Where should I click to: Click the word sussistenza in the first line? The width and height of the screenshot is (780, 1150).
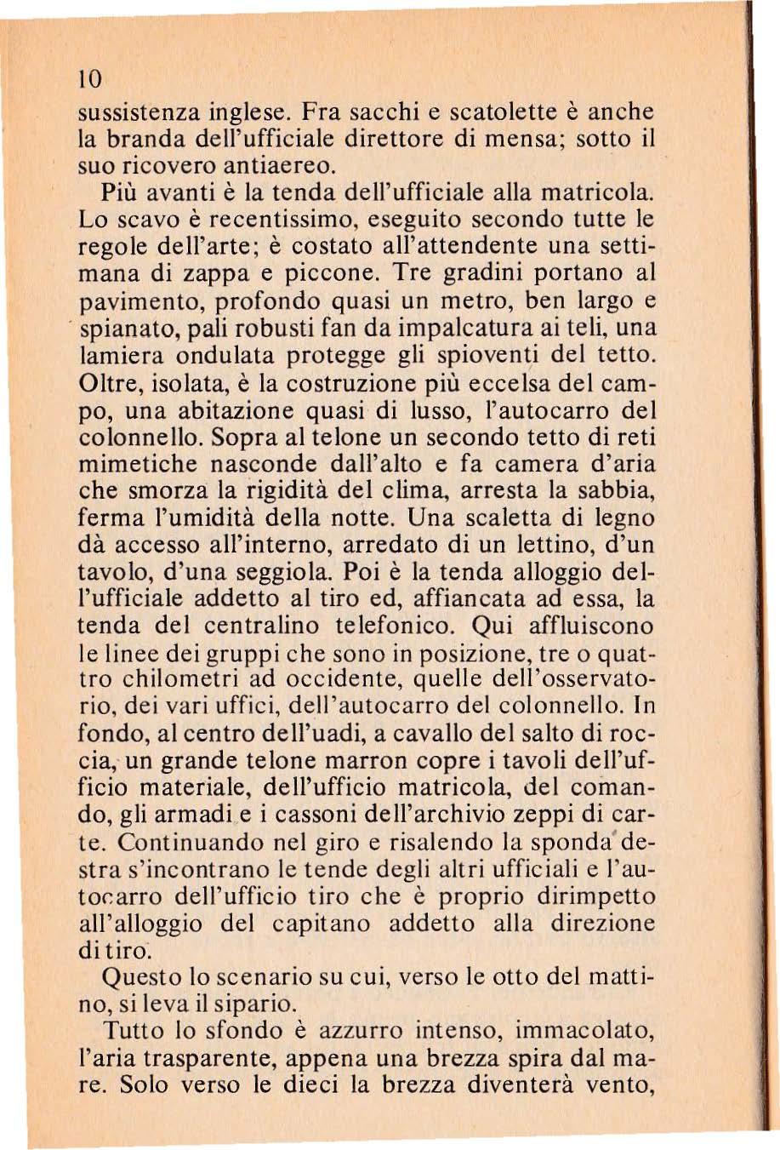153,112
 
